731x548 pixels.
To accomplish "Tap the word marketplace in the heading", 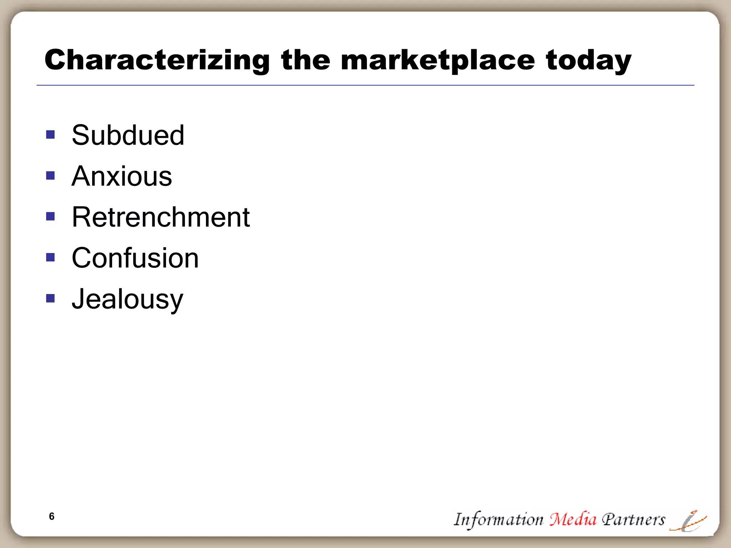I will point(438,61).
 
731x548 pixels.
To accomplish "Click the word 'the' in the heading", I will point(306,60).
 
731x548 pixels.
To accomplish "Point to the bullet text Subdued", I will point(128,135).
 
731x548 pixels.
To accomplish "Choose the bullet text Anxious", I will point(122,176).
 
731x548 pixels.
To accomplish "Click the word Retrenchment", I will point(161,217).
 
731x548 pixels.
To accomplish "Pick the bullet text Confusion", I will point(135,258).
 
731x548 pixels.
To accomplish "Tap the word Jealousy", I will point(127,299).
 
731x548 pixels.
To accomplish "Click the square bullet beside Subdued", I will point(51,135).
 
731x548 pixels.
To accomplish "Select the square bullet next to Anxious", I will point(51,176).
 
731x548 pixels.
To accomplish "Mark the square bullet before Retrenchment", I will point(51,217).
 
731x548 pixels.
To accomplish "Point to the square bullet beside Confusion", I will point(51,257).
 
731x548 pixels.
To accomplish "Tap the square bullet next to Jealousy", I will point(51,298).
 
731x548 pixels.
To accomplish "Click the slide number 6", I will point(52,516).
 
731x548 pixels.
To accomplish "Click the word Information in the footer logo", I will point(498,520).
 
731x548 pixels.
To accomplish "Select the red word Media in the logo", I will point(573,519).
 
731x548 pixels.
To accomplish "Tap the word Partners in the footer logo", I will point(634,519).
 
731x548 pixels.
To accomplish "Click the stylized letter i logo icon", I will point(688,521).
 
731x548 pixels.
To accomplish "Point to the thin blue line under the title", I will point(365,85).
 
